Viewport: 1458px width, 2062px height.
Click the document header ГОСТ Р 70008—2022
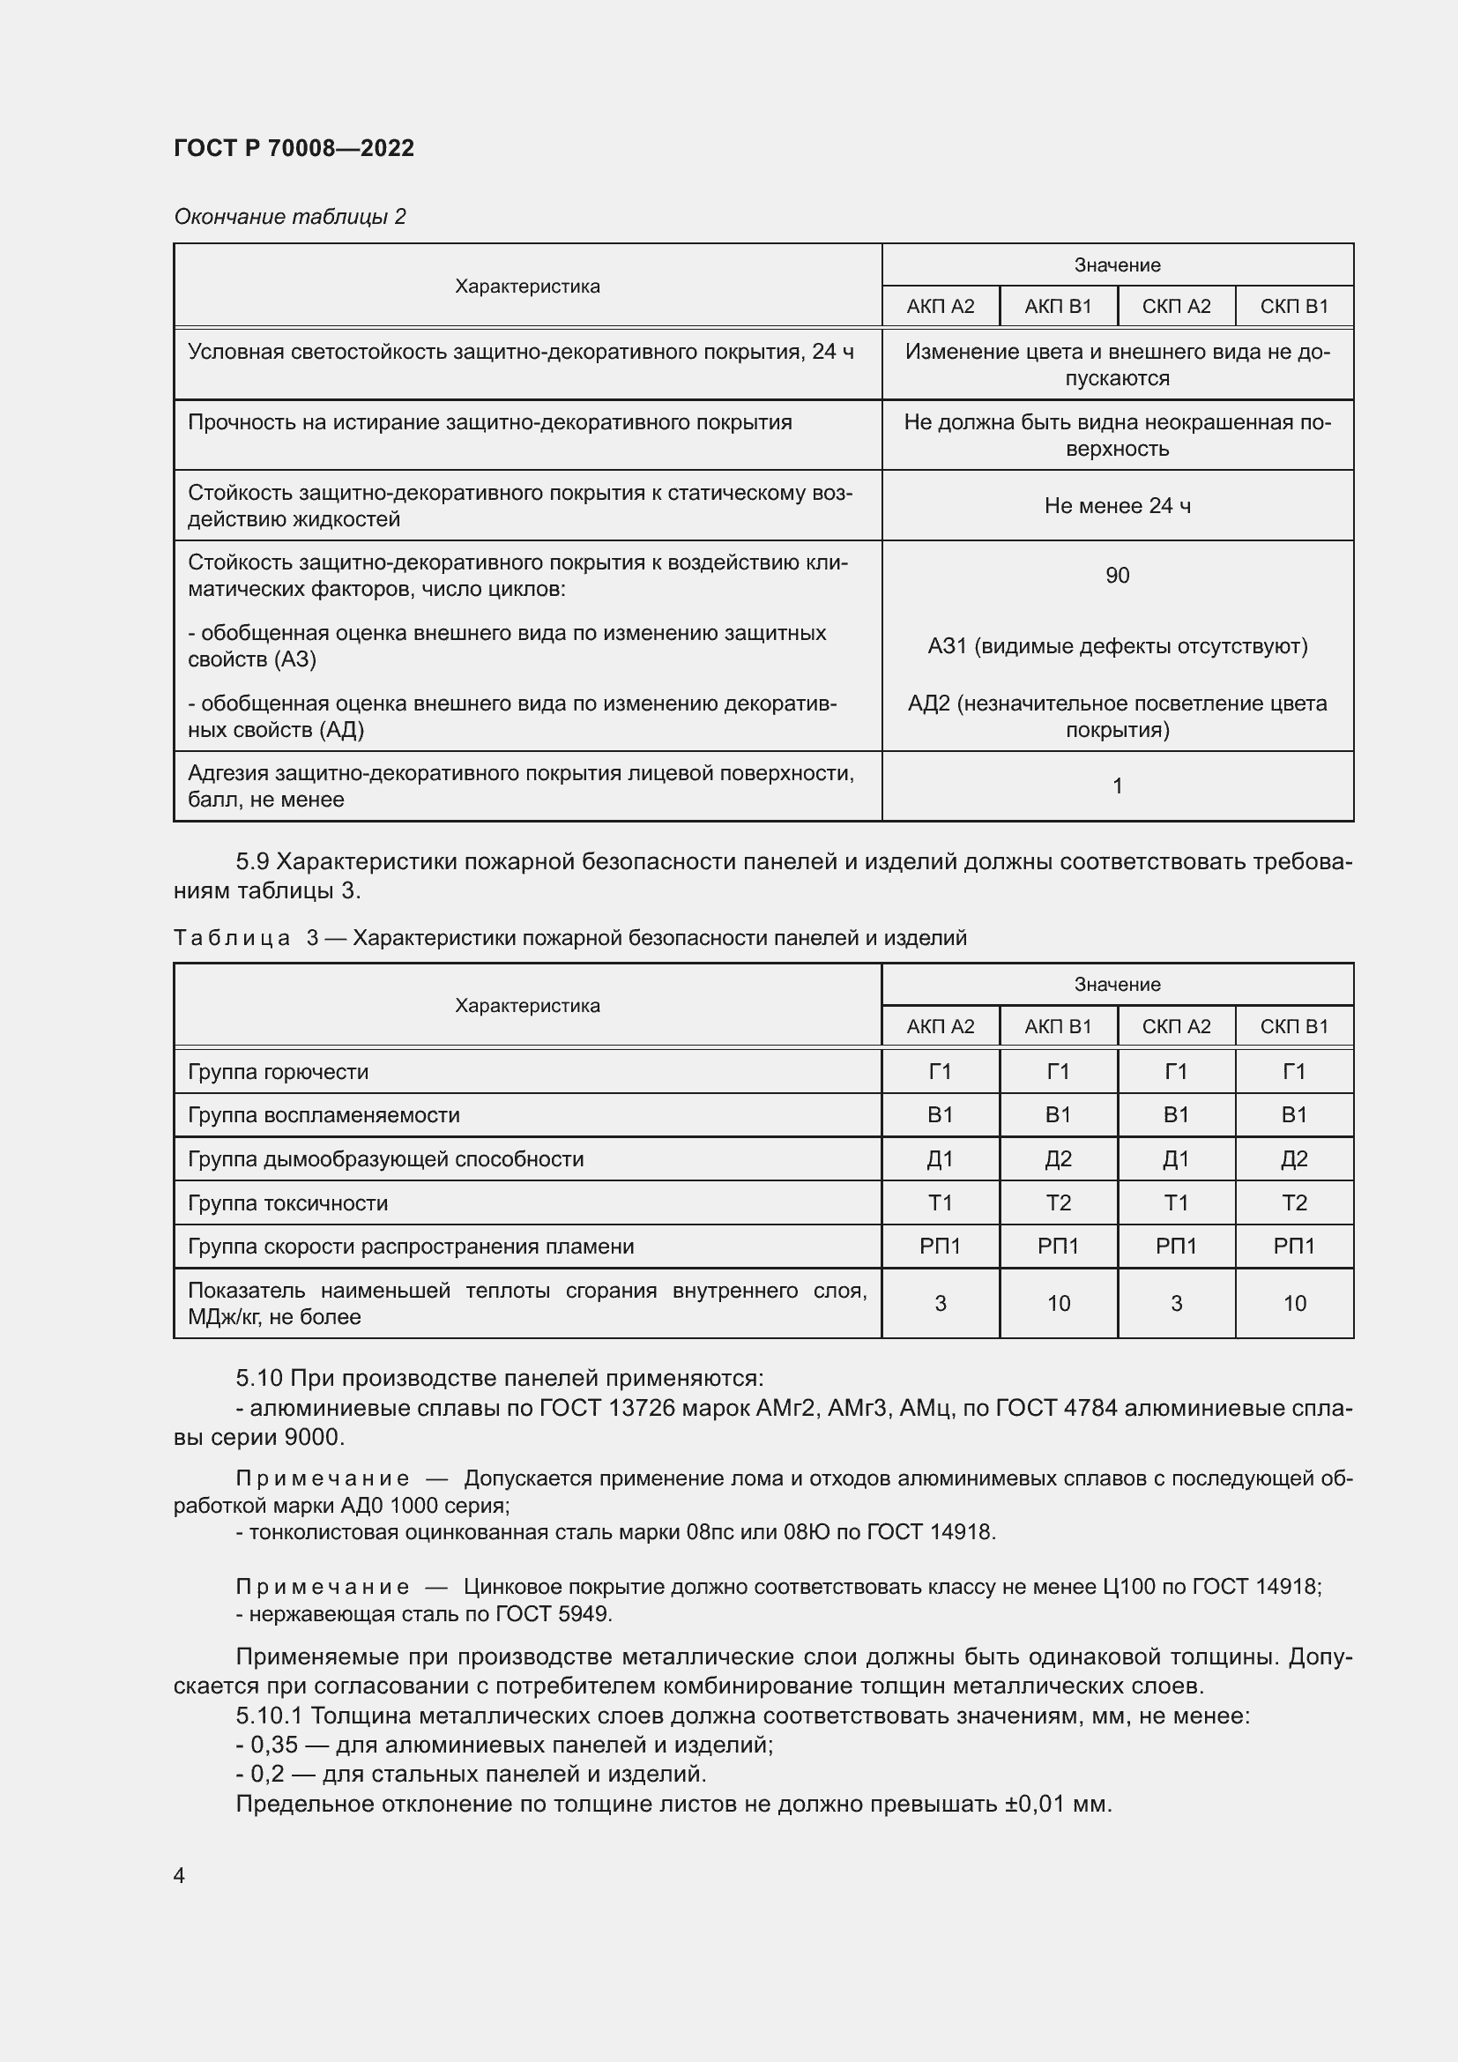[294, 148]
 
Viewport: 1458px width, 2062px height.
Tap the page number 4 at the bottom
[180, 1876]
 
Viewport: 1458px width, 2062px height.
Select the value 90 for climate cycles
[1117, 576]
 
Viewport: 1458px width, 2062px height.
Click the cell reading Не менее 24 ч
[1117, 507]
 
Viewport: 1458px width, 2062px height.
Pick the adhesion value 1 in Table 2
[1117, 785]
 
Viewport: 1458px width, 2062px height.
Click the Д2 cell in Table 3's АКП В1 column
[1058, 1159]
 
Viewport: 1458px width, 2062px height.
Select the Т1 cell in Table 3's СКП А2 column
[1176, 1203]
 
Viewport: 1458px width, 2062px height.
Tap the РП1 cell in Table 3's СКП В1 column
[1294, 1247]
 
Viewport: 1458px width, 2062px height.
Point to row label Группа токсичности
[287, 1203]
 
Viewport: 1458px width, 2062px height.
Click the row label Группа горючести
[278, 1072]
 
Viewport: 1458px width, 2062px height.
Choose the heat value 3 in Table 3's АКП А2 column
[940, 1304]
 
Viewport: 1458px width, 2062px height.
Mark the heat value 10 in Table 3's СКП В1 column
[1294, 1304]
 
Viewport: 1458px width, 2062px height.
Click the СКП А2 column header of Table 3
[1176, 1026]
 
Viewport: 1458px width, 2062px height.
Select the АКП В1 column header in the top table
[1058, 306]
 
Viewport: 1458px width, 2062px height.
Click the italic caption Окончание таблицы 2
[289, 217]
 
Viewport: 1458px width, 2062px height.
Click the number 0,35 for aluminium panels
[274, 1745]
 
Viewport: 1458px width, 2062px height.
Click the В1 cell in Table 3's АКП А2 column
[940, 1115]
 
